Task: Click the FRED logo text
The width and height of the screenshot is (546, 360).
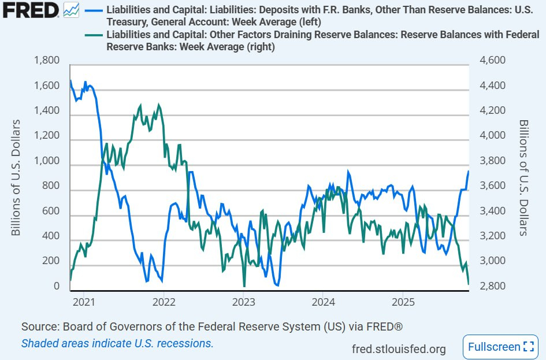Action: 30,10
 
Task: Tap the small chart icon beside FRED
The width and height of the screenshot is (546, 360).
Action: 71,10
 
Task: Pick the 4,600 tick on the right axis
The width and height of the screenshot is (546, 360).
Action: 489,61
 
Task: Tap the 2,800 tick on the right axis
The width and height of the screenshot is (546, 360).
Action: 489,287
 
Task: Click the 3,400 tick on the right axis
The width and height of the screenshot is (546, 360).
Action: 489,211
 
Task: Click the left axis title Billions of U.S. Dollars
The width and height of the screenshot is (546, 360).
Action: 16,177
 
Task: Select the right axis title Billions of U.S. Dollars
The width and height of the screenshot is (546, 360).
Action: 523,177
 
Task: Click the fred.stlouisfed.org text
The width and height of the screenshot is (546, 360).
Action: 399,348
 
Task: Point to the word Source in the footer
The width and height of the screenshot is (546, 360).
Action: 38,327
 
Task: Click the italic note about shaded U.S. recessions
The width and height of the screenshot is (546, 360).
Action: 117,343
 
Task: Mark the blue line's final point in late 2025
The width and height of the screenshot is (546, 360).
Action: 468,172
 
